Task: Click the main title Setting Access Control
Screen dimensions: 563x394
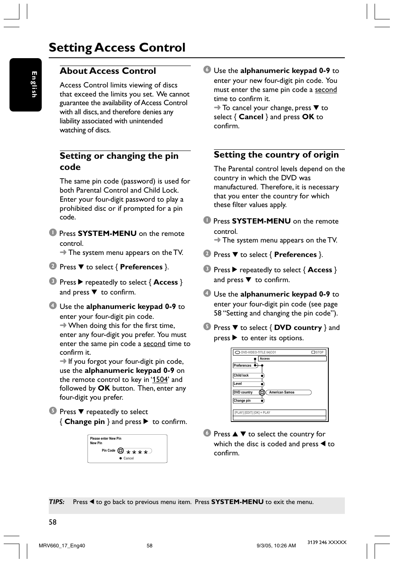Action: coord(117,47)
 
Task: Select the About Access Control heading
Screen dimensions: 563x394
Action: coord(108,71)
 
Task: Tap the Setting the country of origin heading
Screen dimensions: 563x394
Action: coord(276,155)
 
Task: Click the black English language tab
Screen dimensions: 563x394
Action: coord(26,85)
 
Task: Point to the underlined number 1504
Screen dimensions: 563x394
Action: coord(160,379)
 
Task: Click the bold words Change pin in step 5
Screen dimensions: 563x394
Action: coord(85,422)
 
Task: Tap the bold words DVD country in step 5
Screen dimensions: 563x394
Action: coord(298,327)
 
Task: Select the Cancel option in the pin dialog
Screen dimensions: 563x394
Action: coord(128,458)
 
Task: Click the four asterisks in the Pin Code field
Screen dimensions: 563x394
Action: coord(137,452)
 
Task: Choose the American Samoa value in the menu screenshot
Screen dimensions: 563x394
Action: coord(282,392)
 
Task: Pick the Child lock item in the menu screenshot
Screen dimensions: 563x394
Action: coord(241,375)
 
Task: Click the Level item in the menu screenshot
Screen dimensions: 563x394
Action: coord(238,384)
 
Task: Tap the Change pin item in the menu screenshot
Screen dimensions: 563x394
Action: coord(242,400)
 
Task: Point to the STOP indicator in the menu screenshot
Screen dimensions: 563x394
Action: coord(319,352)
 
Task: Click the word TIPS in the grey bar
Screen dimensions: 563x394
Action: coord(57,502)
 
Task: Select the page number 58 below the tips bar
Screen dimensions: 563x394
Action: coord(52,522)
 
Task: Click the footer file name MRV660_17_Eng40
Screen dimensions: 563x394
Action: coord(62,545)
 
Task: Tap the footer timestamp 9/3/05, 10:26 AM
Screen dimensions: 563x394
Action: coord(276,545)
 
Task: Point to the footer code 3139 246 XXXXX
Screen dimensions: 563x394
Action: coord(327,542)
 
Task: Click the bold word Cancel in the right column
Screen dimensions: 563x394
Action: coord(251,117)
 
